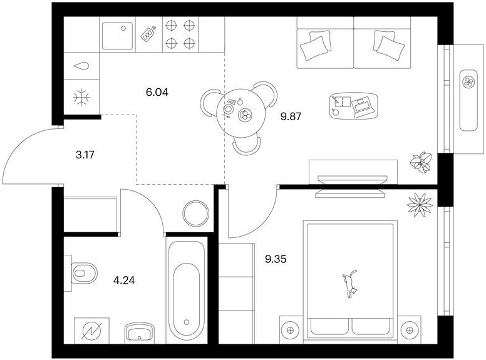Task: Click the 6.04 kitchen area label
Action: [x=157, y=92]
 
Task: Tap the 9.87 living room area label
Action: [x=291, y=116]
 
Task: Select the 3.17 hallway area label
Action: [x=85, y=155]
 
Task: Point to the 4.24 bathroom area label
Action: [x=124, y=280]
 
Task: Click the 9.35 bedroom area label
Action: [x=276, y=259]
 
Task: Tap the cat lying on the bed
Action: [x=350, y=284]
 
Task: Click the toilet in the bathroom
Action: [x=81, y=273]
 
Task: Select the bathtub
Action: [x=187, y=290]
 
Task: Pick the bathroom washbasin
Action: [x=140, y=332]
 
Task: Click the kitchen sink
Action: [x=118, y=36]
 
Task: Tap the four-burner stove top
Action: [x=180, y=34]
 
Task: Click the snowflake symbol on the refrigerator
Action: [x=81, y=98]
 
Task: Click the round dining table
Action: [x=241, y=113]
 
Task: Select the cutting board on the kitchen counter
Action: [x=148, y=34]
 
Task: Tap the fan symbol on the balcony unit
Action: [x=468, y=83]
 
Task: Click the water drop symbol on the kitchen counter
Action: [x=81, y=66]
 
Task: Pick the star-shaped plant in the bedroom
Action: [x=420, y=205]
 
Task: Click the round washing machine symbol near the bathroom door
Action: [x=196, y=213]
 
